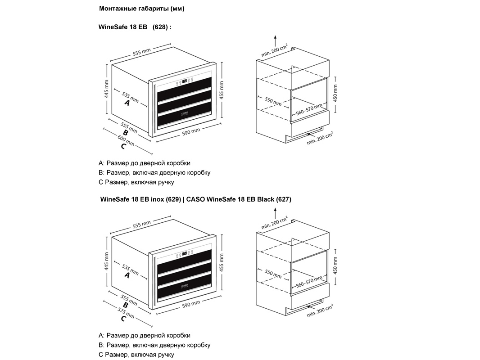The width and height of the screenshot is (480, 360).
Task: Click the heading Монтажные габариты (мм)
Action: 141,9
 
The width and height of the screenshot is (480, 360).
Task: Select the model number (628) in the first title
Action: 160,27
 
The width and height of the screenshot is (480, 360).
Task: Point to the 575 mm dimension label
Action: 126,313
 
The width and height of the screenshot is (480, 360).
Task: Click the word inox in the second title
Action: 158,199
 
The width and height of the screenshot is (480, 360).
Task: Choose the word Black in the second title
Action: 265,199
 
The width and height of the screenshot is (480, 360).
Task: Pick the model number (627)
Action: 284,199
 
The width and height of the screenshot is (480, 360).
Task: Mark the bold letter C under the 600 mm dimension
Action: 122,146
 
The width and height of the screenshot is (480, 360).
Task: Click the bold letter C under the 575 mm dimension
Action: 122,319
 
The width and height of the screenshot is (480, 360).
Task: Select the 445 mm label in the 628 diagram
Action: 106,89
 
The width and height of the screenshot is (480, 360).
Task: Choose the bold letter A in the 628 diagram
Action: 127,103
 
